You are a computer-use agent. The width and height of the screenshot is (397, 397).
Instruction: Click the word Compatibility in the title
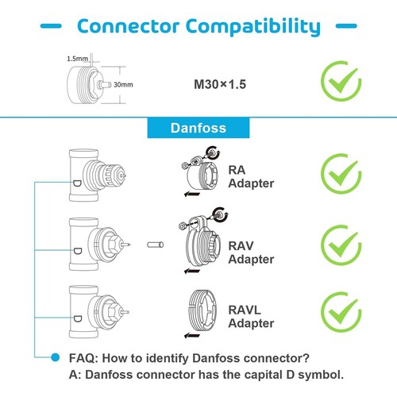[253, 27]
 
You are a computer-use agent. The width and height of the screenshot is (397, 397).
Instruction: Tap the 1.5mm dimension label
[77, 59]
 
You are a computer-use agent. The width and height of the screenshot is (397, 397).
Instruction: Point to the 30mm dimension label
[123, 85]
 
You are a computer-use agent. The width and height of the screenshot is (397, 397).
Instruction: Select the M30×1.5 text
[220, 84]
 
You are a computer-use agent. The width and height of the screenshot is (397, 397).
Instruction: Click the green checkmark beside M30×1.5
[341, 81]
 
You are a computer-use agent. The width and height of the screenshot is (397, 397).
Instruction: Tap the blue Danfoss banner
[198, 128]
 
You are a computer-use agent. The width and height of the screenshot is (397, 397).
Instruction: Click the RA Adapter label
[251, 176]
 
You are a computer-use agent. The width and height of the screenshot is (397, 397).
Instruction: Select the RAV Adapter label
[251, 252]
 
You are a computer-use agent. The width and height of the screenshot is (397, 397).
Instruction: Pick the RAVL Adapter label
[251, 316]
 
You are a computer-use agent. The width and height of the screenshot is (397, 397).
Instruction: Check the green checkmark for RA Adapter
[341, 174]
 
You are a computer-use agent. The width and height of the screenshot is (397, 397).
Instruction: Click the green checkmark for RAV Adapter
[341, 245]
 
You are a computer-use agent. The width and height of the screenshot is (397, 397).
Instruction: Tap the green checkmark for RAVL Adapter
[341, 312]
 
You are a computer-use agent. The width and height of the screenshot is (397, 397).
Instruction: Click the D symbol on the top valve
[77, 183]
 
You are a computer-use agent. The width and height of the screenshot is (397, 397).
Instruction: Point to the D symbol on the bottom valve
[77, 318]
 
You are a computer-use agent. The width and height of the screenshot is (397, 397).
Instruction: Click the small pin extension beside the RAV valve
[156, 245]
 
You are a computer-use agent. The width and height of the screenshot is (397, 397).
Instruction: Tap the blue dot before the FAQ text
[56, 357]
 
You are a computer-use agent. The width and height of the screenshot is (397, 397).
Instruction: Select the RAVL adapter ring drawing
[202, 310]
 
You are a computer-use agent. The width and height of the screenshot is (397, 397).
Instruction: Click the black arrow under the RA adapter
[192, 195]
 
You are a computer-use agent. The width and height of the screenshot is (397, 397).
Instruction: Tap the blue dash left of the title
[51, 26]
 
